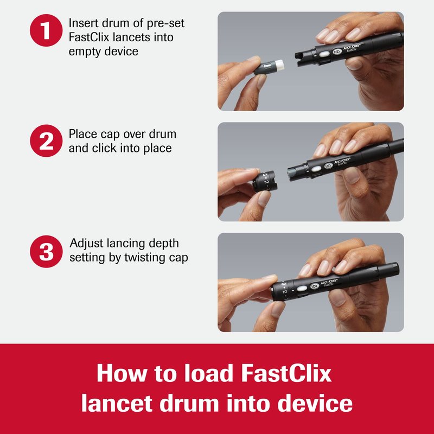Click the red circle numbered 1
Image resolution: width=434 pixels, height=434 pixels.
[x=46, y=30]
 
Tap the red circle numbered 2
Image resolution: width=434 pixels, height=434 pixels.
[x=46, y=141]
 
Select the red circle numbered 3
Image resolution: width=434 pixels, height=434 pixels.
[x=46, y=251]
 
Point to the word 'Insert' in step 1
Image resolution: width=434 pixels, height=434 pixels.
[x=84, y=23]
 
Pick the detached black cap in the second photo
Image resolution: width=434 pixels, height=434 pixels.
[x=265, y=181]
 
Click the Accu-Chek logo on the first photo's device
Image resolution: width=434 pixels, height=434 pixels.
[x=352, y=48]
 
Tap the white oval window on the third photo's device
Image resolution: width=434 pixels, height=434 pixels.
[x=302, y=289]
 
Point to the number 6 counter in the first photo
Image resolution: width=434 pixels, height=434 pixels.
[x=337, y=52]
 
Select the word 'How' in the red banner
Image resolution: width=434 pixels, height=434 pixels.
[x=122, y=373]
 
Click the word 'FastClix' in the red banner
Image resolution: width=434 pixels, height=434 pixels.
[x=286, y=373]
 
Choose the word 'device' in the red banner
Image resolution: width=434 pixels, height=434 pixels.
[x=315, y=403]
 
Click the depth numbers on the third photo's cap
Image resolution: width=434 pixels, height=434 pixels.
[x=284, y=288]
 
